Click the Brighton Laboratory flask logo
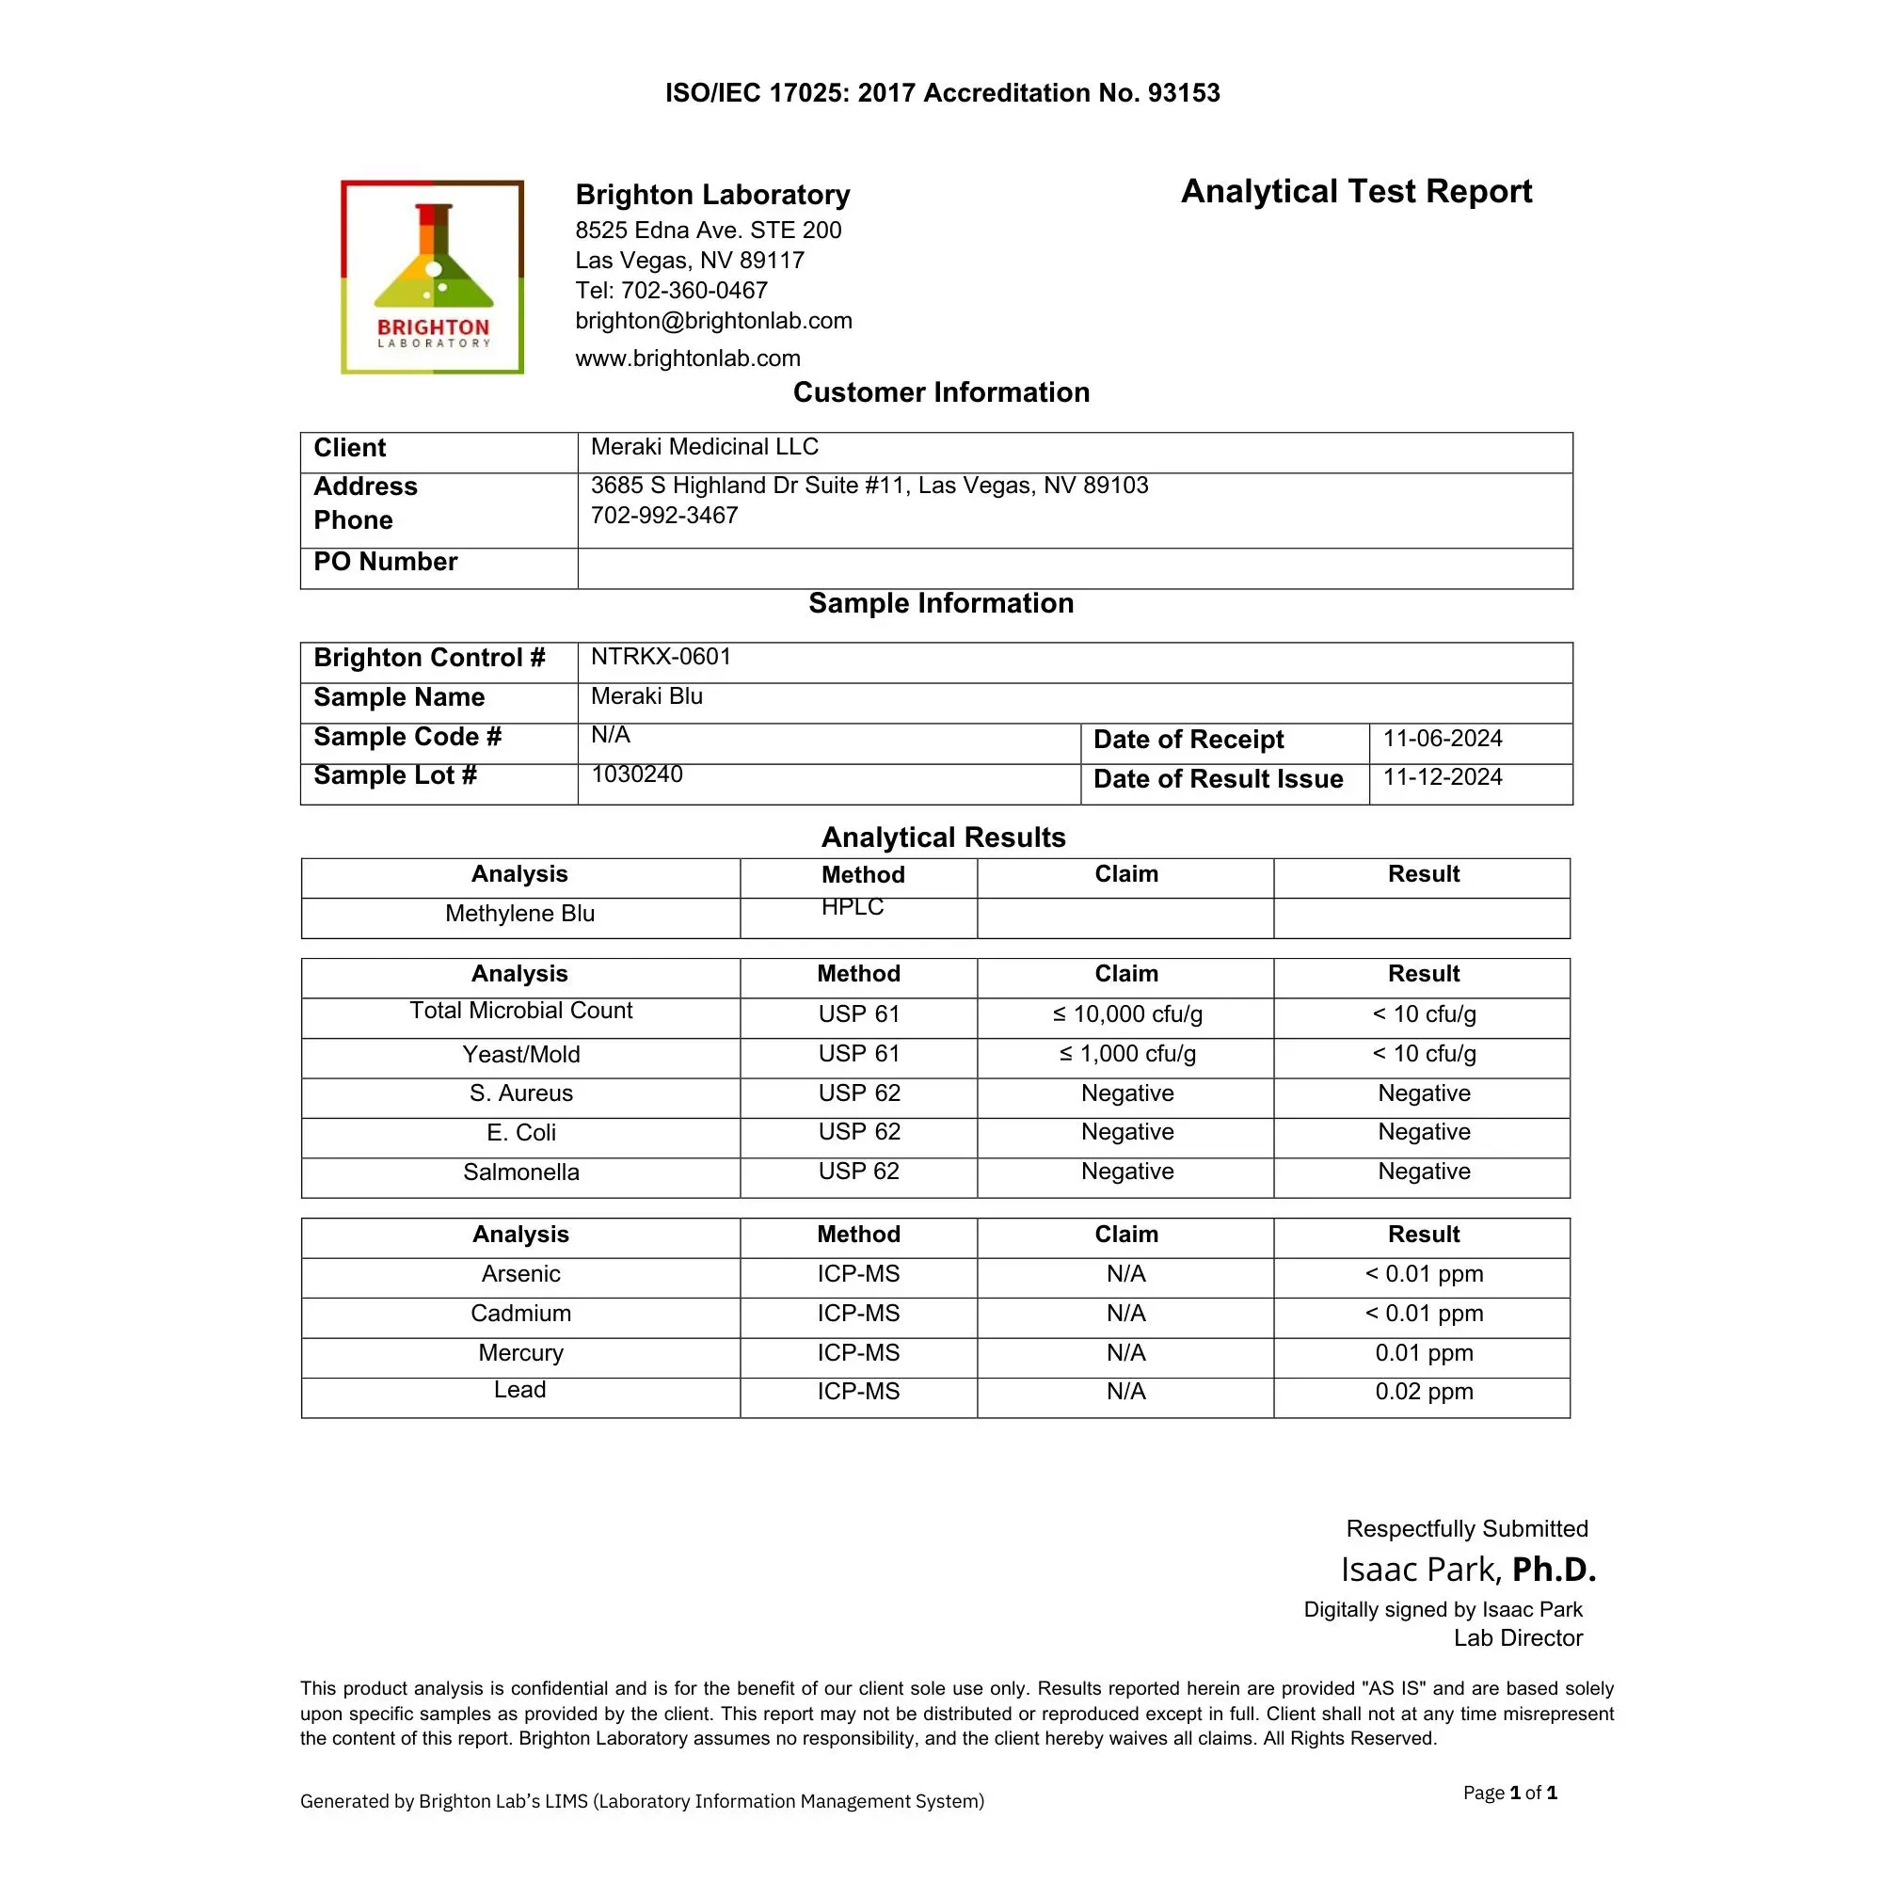coord(433,276)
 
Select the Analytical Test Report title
coord(1356,192)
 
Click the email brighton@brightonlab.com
coord(713,321)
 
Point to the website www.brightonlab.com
coord(688,359)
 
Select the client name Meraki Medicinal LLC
coord(704,447)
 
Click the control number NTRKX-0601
coord(661,657)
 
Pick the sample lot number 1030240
coord(637,774)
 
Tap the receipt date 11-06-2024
coord(1442,739)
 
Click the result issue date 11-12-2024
coord(1442,777)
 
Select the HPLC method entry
coord(853,907)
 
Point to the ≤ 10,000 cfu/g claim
coord(1127,1014)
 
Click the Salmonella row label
coord(521,1172)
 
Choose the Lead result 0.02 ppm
coord(1423,1391)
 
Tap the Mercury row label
coord(521,1352)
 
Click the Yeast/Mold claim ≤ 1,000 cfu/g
coord(1127,1054)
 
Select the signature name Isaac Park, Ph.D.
coord(1468,1570)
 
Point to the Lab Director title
coord(1518,1637)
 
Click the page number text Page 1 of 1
coord(1509,1793)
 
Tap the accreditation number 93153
coord(1184,93)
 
